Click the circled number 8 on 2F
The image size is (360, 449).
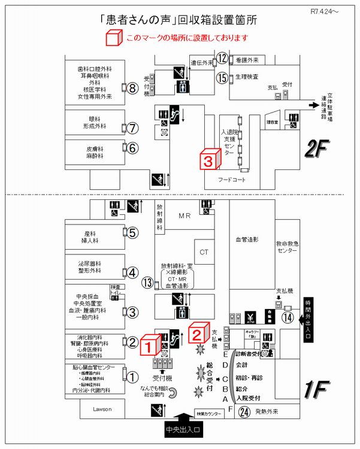[133, 89]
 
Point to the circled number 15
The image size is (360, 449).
[223, 77]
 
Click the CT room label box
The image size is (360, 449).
[203, 252]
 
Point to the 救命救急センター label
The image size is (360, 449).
[286, 247]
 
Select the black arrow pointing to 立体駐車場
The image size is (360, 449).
[313, 105]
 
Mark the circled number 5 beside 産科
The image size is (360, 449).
[133, 233]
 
